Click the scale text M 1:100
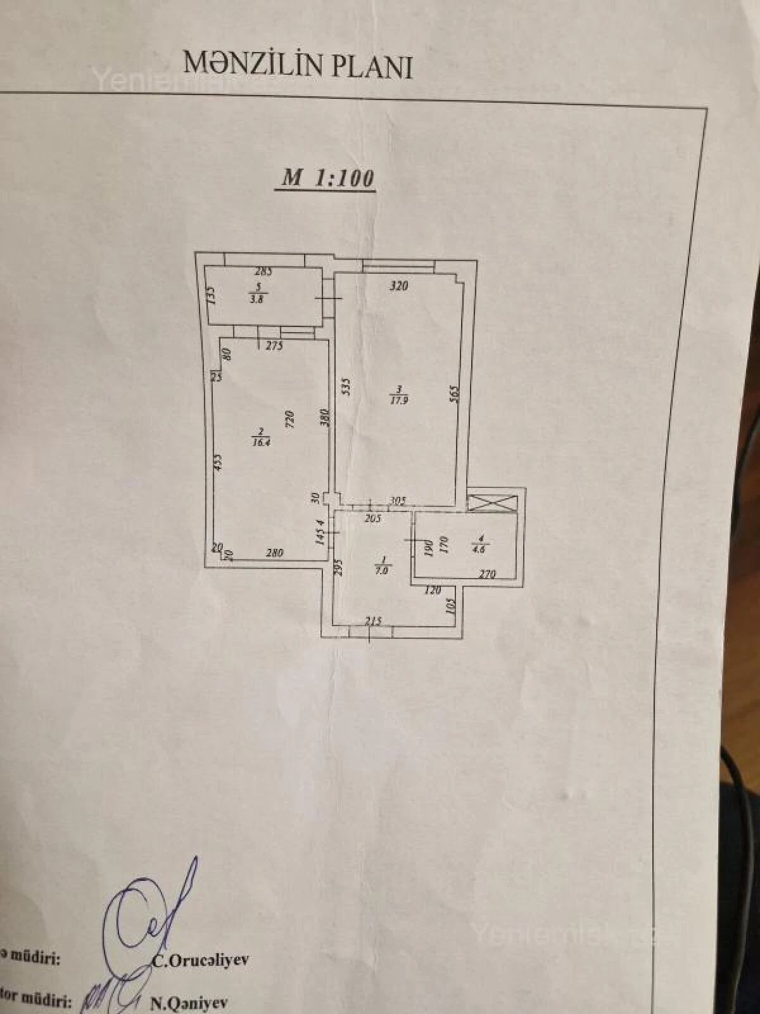pyautogui.click(x=327, y=178)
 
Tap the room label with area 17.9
pyautogui.click(x=398, y=395)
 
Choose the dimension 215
pyautogui.click(x=374, y=622)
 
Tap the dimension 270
pyautogui.click(x=487, y=574)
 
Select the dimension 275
pyautogui.click(x=274, y=346)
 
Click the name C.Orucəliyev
pyautogui.click(x=201, y=959)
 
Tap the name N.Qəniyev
pyautogui.click(x=189, y=1002)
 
